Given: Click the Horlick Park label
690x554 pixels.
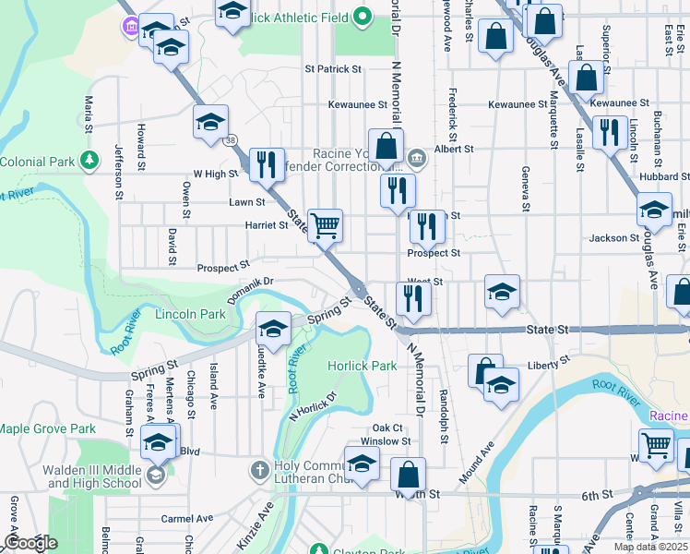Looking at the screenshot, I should click(x=363, y=366).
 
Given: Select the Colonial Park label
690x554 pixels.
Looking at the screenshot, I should click(x=37, y=162).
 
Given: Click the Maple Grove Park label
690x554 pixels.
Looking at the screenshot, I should click(x=47, y=428).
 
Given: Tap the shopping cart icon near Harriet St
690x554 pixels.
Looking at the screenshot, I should click(x=324, y=225).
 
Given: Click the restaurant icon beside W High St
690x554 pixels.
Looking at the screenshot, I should click(x=266, y=165).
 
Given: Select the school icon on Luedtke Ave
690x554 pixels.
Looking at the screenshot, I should click(x=272, y=329).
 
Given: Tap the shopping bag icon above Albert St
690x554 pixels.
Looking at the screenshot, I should click(x=386, y=145).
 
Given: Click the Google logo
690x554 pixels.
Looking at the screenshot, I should click(x=30, y=543).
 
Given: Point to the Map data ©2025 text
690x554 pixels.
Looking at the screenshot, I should click(x=649, y=547).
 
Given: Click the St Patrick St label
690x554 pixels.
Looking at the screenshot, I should click(x=333, y=69).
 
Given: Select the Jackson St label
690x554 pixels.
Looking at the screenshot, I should click(x=614, y=238).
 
